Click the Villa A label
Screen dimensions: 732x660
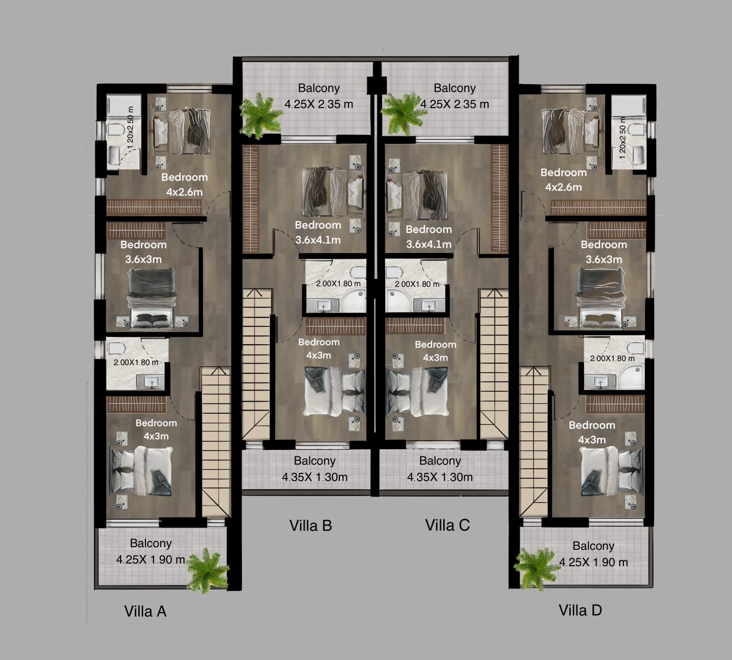tap(145, 612)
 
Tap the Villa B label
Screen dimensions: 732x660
tap(310, 526)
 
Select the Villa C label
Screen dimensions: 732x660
tap(447, 525)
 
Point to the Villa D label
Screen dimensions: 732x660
tap(580, 610)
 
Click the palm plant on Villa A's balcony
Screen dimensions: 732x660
tap(207, 570)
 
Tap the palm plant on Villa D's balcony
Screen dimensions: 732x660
tap(536, 569)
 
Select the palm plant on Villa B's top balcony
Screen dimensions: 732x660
tap(260, 116)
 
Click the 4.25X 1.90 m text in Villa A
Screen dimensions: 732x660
tap(150, 560)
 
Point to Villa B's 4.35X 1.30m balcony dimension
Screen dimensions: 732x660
tap(315, 477)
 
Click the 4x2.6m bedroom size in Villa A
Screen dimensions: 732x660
tap(184, 192)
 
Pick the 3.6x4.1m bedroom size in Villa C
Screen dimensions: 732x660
tap(429, 244)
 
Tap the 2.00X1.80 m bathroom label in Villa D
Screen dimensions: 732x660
tap(612, 358)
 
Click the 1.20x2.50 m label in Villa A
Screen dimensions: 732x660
tap(130, 128)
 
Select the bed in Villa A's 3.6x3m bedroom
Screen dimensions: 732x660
tap(151, 298)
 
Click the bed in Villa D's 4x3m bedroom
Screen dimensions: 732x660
tap(612, 471)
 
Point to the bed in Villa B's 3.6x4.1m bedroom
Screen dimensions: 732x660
tap(333, 193)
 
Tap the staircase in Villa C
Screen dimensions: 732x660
tap(494, 364)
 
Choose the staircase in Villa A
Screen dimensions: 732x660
tap(216, 442)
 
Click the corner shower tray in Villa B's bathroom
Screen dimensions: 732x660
tap(354, 301)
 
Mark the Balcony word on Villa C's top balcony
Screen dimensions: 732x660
tap(455, 88)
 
